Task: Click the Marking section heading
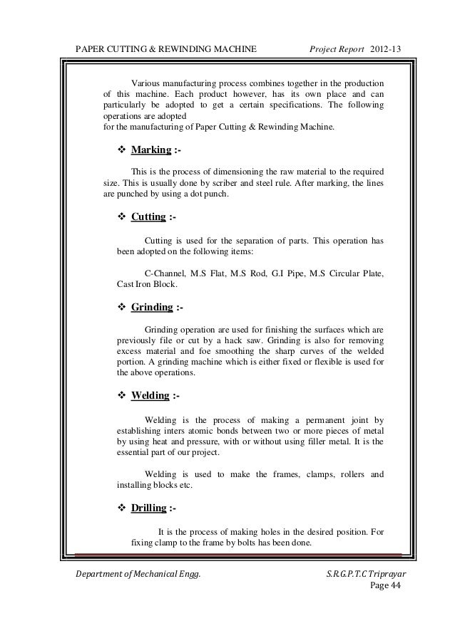coord(150,151)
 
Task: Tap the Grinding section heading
coord(152,308)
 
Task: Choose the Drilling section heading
coord(149,508)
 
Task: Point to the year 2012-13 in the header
coord(386,48)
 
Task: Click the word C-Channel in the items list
coord(164,274)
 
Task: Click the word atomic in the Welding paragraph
coord(213,430)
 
